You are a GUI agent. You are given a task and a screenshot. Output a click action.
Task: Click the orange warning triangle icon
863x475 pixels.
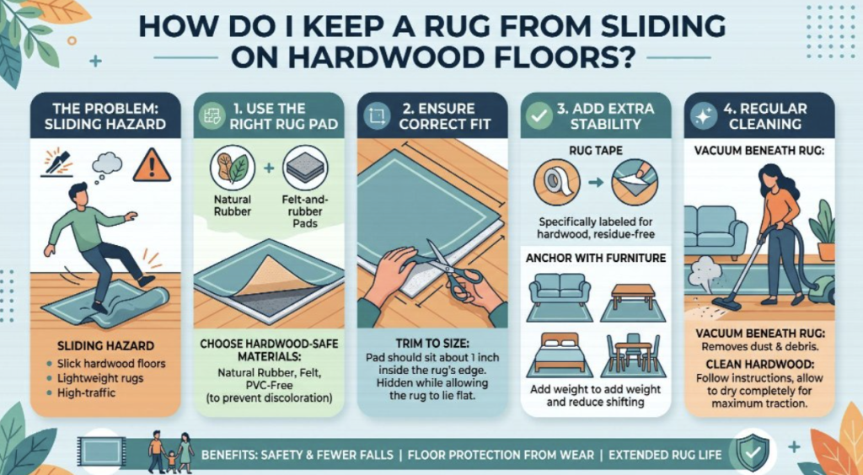152,165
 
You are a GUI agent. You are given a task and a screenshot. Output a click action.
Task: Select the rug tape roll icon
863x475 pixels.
556,182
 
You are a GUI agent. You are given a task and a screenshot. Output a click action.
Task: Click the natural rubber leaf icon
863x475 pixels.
233,168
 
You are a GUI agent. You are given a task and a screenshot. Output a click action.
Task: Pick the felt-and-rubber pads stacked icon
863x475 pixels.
305,168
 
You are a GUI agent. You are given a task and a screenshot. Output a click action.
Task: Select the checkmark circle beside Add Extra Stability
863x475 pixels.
539,116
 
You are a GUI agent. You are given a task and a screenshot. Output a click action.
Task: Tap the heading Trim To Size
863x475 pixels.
433,344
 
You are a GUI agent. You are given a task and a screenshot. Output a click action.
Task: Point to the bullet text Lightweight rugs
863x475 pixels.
100,377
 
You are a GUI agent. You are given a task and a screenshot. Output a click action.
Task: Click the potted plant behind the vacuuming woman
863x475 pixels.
823,232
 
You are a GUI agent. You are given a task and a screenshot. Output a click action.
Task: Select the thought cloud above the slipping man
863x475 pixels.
107,164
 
